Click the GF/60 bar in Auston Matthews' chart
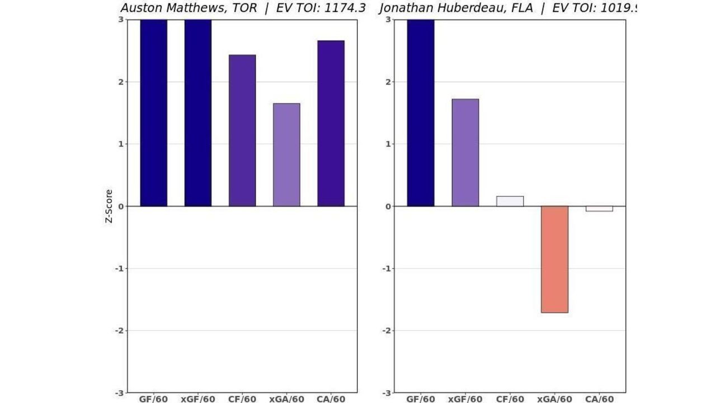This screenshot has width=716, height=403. (153, 113)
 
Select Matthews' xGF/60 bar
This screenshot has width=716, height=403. (198, 113)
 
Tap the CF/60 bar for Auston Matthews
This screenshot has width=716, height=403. (242, 130)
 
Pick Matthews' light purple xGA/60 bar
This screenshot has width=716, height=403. (286, 154)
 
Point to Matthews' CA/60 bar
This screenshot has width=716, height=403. (331, 123)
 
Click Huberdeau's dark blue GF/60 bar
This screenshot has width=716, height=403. (421, 113)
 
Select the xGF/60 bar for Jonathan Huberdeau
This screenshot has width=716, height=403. (465, 152)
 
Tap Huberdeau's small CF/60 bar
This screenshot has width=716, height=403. (510, 201)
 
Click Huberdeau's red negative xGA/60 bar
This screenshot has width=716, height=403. (554, 259)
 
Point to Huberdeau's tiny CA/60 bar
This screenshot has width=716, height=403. (599, 209)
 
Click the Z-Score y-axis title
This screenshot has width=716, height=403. (109, 206)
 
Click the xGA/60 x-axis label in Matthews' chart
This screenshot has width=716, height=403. (286, 399)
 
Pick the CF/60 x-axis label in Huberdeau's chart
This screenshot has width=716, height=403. (510, 399)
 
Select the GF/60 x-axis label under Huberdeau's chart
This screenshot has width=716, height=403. (421, 399)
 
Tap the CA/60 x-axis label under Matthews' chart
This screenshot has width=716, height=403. (331, 399)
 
